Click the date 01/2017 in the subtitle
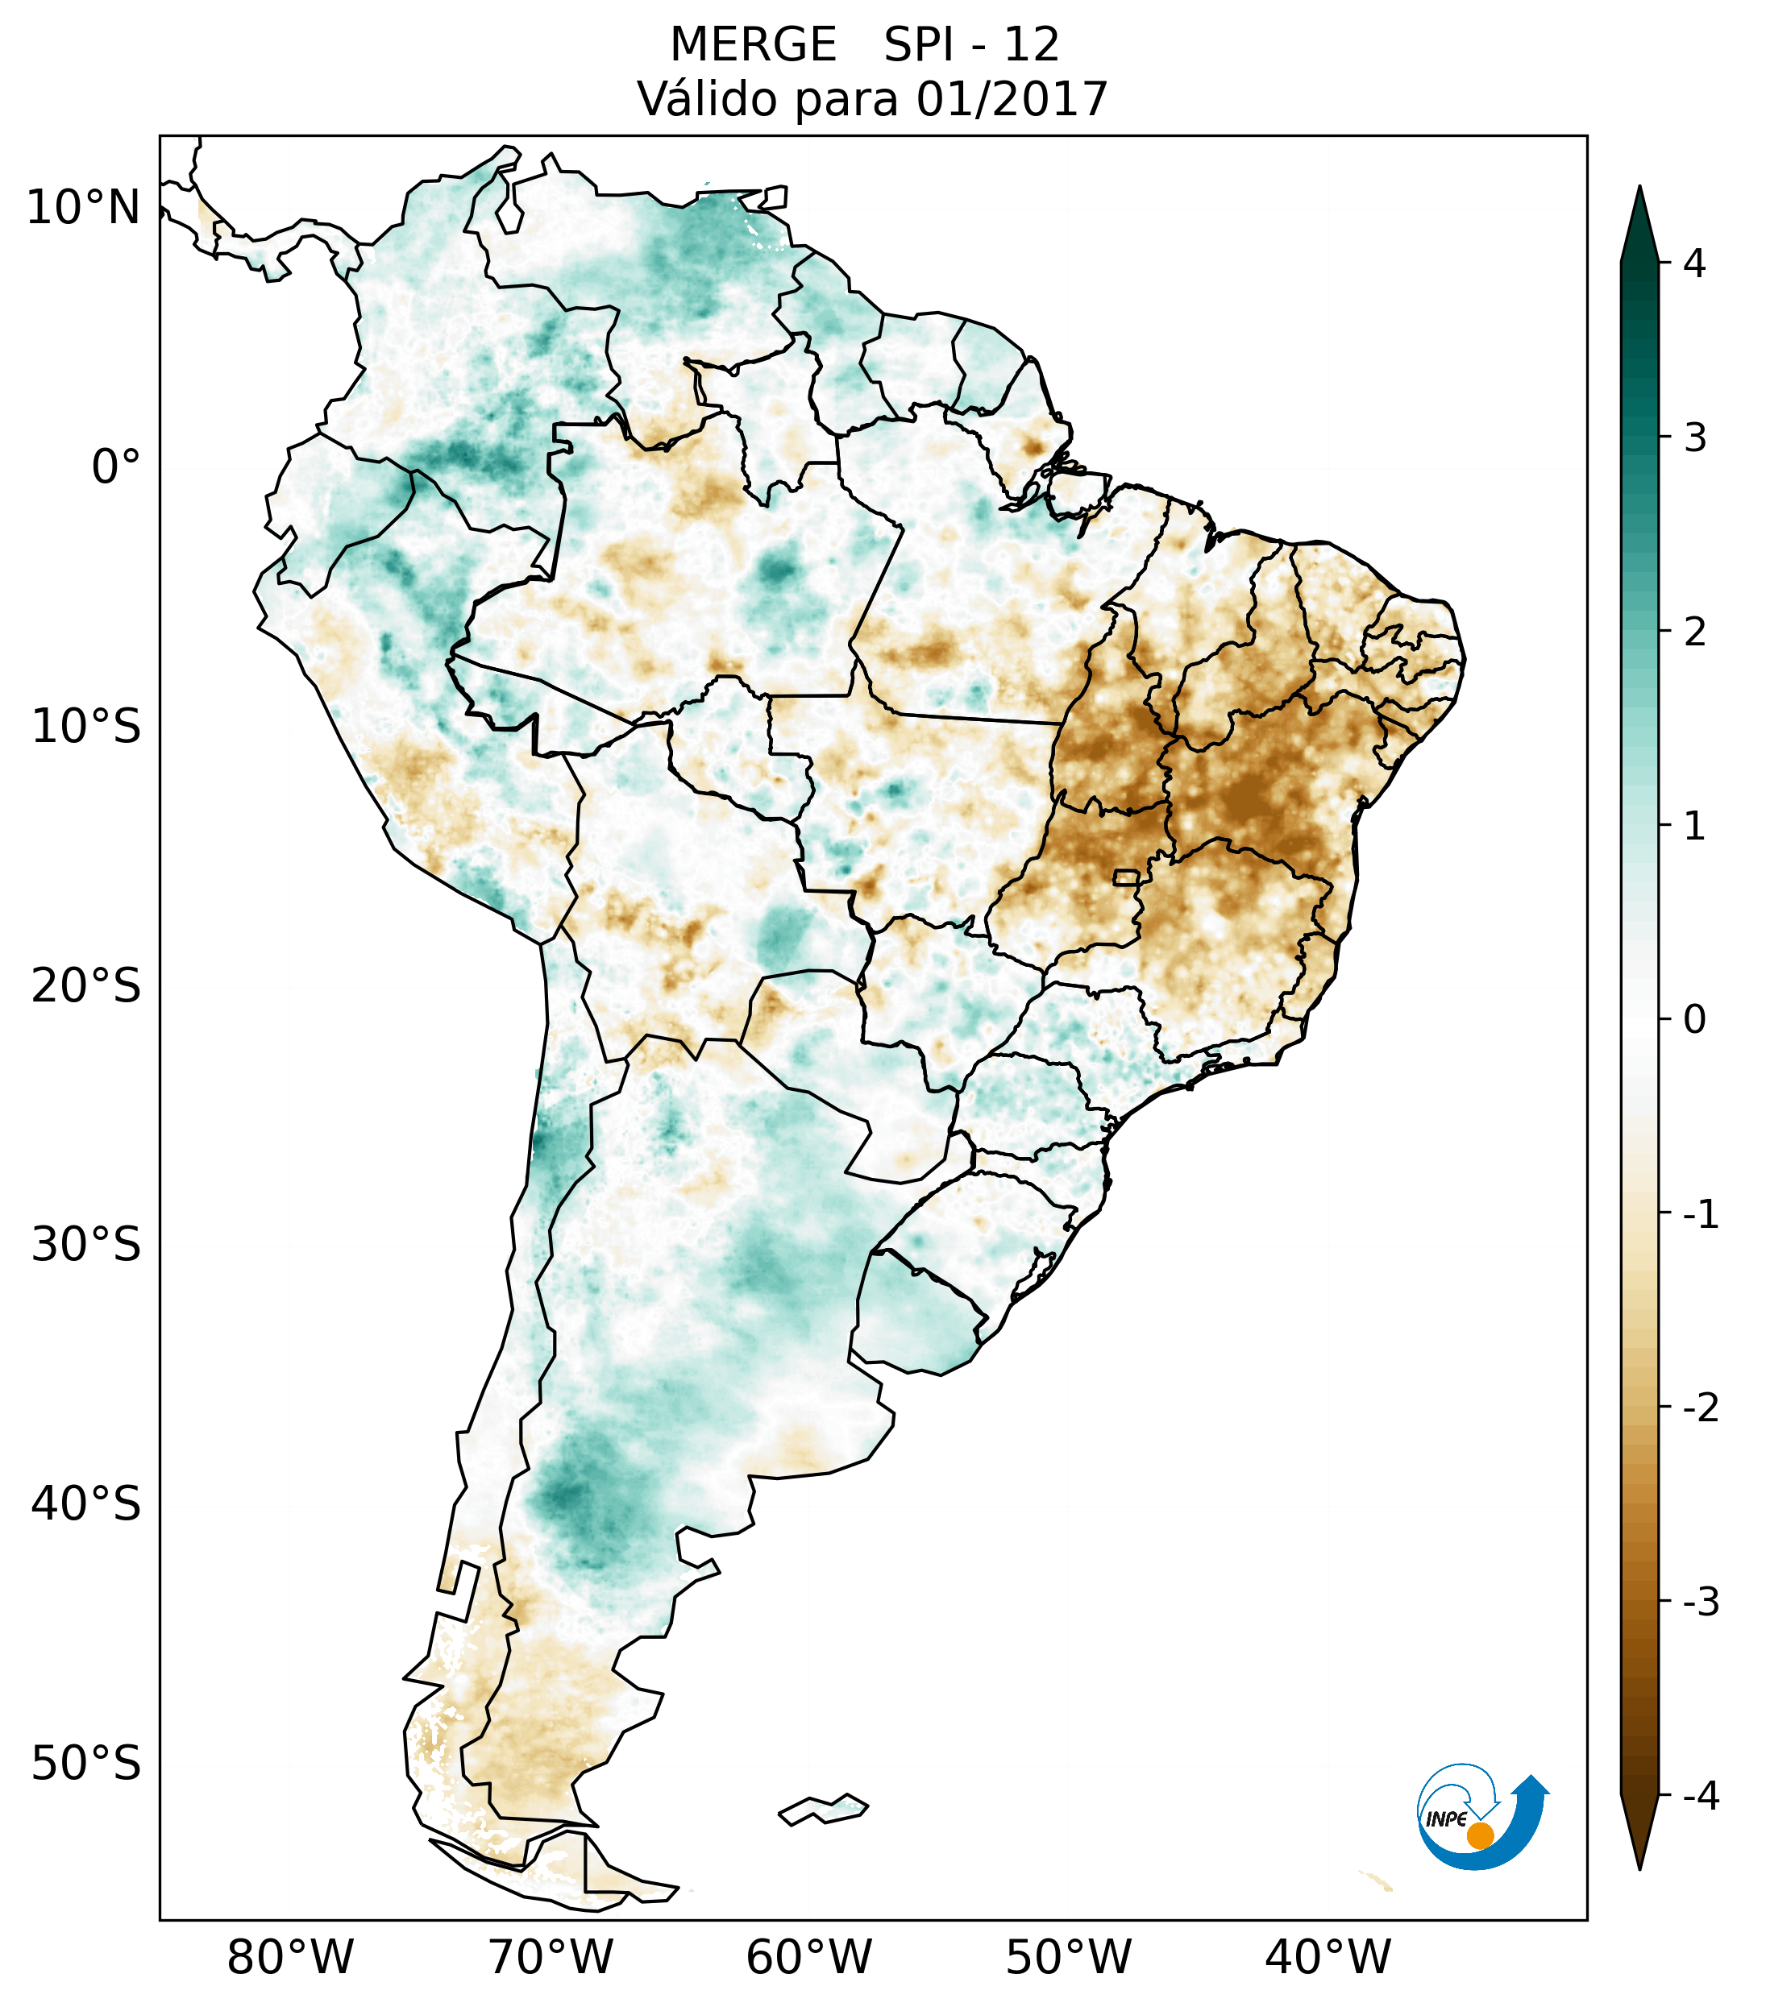[1012, 99]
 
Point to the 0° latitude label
[116, 467]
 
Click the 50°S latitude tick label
[86, 1764]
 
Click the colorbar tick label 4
[1694, 263]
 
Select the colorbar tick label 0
[1694, 1020]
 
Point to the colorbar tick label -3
[1700, 1602]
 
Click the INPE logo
[1482, 1815]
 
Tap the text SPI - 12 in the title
[971, 45]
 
